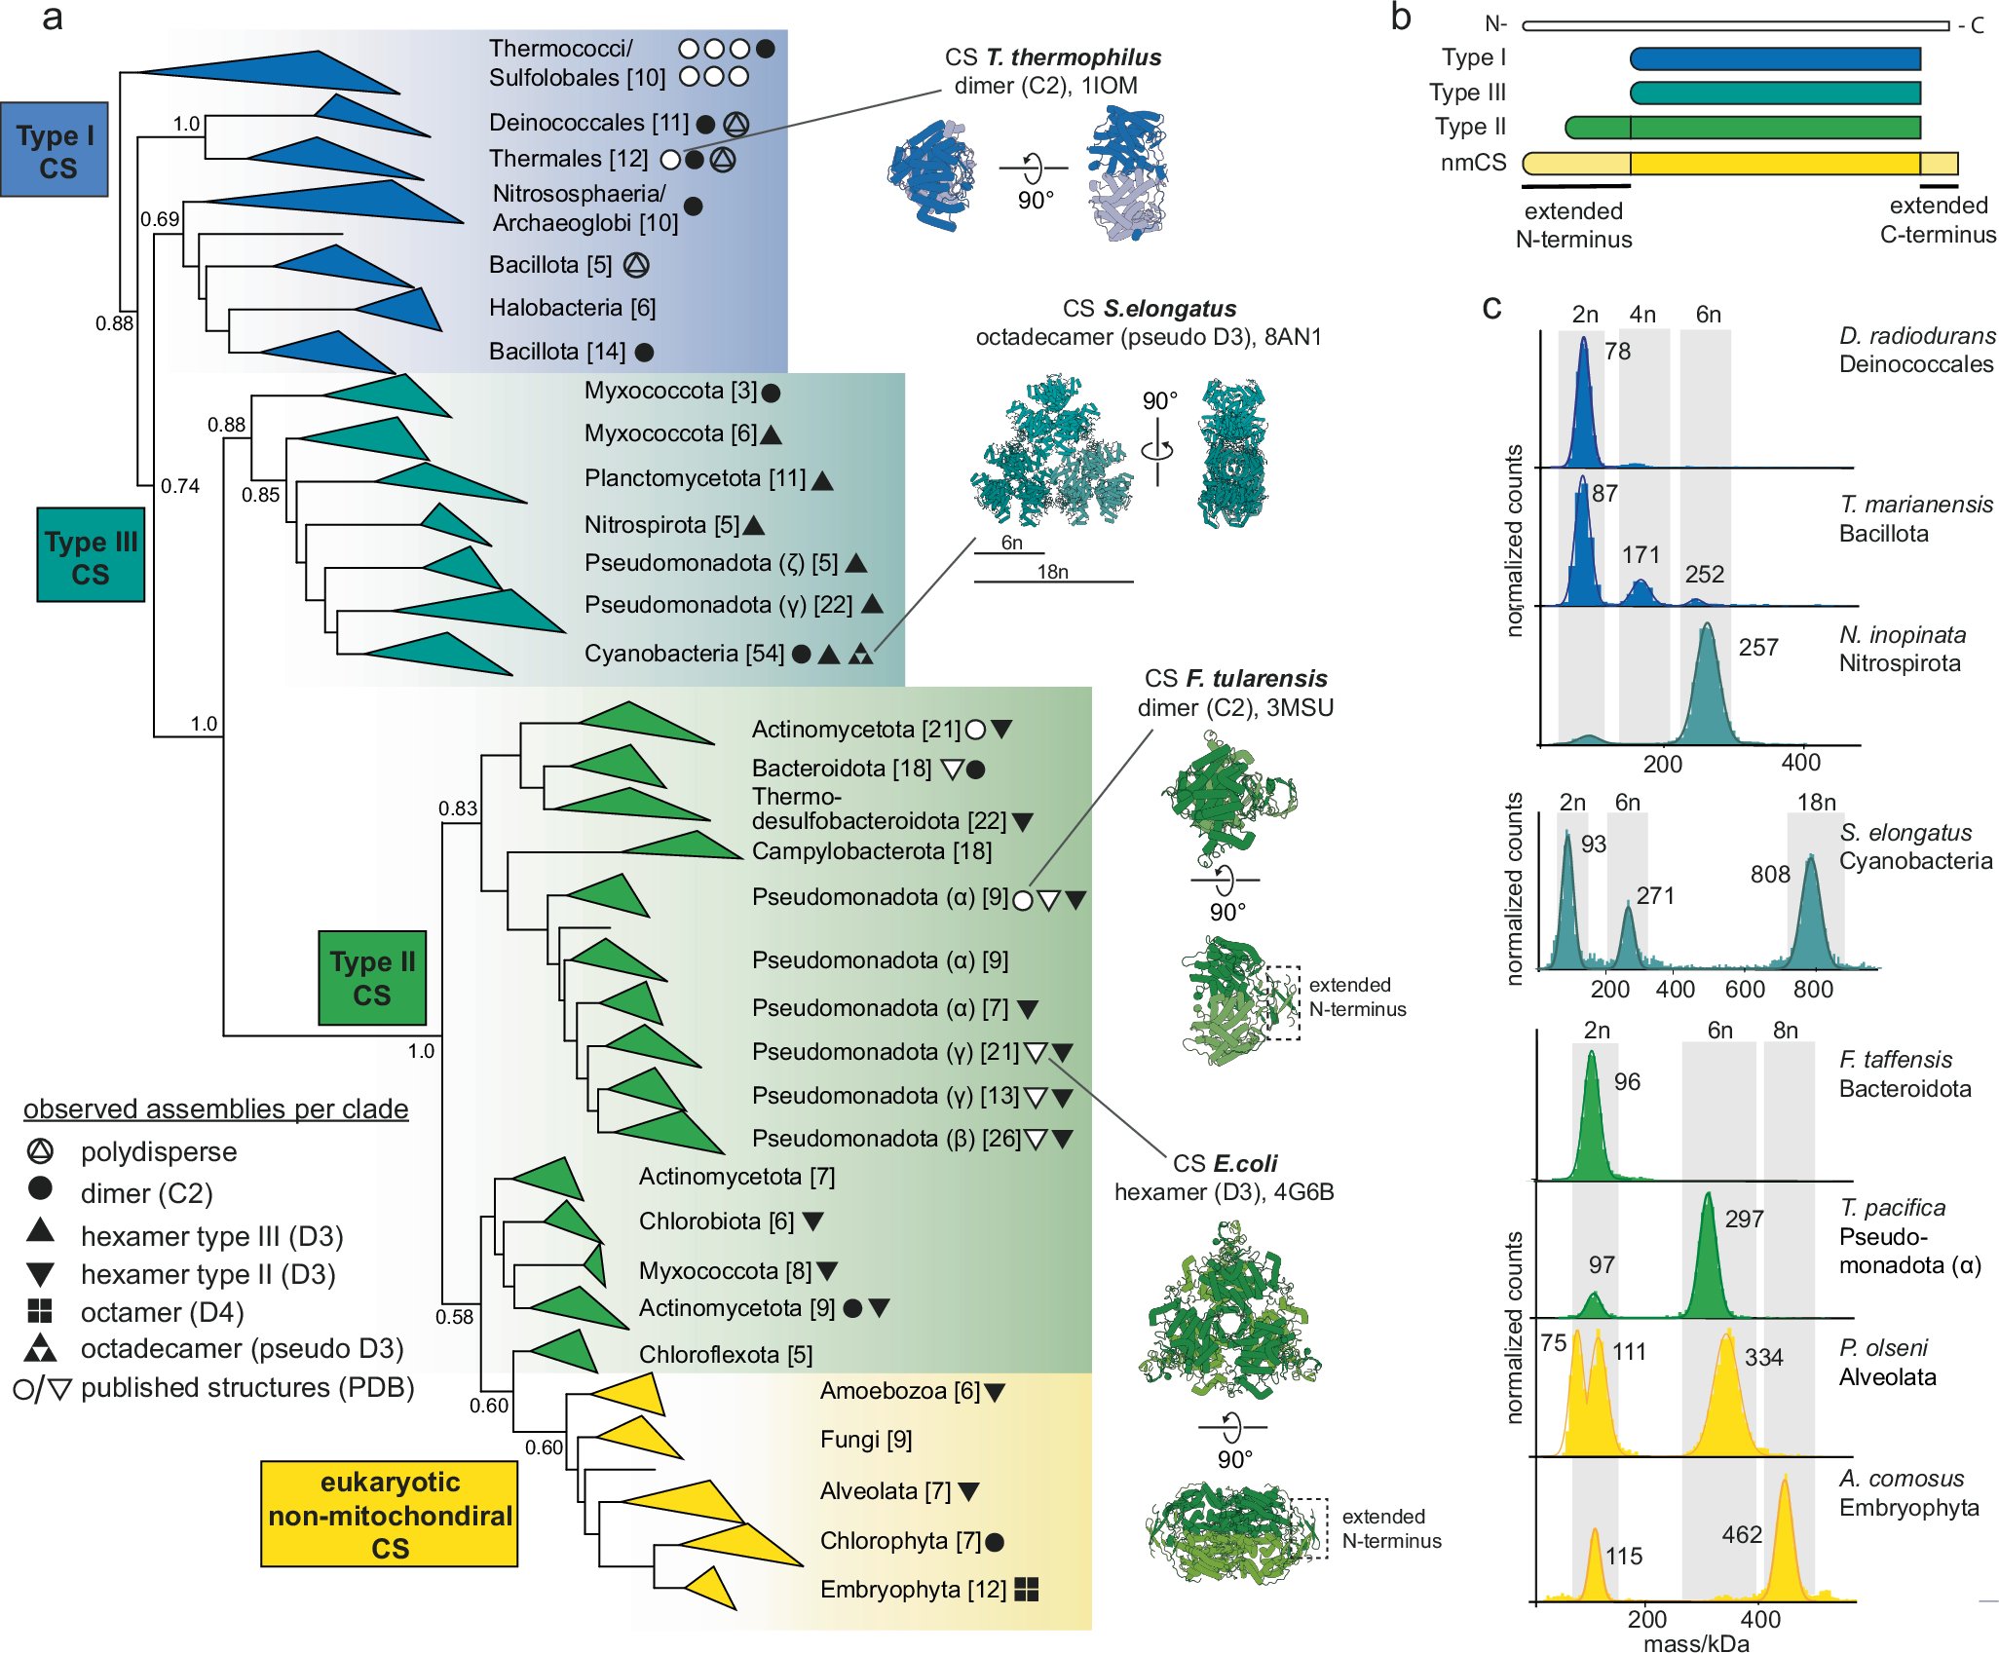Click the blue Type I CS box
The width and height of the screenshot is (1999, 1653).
click(55, 150)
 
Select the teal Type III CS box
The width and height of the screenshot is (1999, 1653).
click(91, 555)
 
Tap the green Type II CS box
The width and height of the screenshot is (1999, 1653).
click(372, 978)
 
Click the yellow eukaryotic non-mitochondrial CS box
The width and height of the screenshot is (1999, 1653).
click(390, 1514)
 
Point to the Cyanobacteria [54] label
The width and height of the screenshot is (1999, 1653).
click(684, 654)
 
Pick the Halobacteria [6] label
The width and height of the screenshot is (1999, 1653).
click(572, 308)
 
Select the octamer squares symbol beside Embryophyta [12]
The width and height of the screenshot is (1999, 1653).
click(1027, 1590)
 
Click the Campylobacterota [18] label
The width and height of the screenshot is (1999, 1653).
click(871, 851)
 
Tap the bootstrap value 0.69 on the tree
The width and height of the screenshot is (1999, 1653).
click(160, 219)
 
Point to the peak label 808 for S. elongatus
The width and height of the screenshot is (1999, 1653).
click(1769, 875)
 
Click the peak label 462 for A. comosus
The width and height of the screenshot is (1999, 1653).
click(1742, 1535)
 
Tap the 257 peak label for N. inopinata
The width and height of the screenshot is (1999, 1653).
click(1758, 648)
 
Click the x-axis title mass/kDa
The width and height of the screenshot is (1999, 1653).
click(1696, 1642)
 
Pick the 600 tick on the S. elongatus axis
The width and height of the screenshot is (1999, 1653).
click(1745, 990)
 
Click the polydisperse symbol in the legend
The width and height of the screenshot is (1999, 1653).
click(40, 1151)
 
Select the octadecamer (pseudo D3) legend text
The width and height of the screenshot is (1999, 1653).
click(242, 1349)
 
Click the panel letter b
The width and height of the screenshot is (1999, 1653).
click(1400, 18)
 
